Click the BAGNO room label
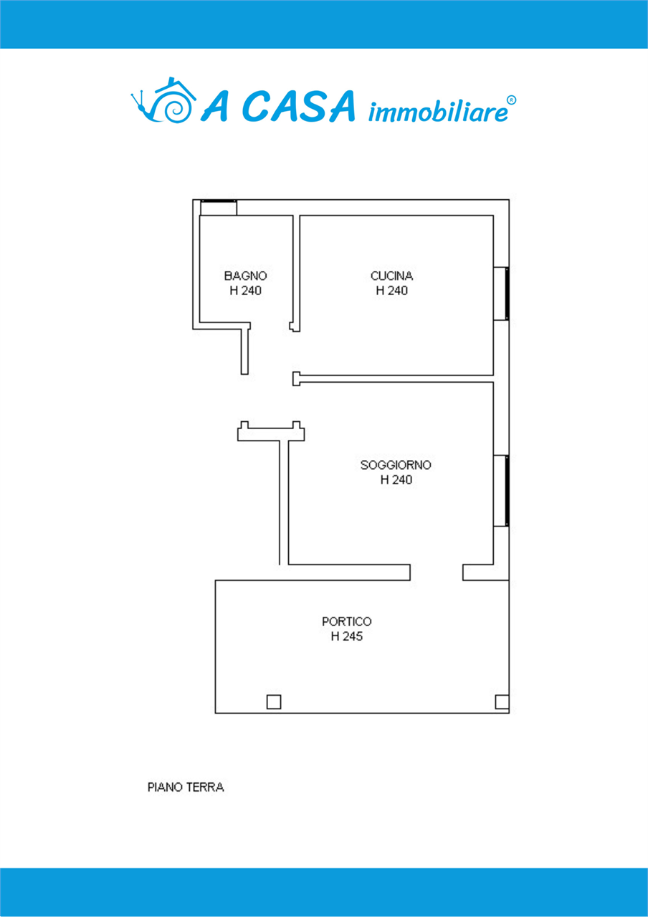(245, 276)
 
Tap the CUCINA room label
(391, 276)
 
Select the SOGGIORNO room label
(396, 465)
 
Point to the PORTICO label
(346, 622)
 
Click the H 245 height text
(346, 637)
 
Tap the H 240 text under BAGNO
(245, 291)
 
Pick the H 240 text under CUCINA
(391, 291)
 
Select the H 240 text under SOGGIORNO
(396, 480)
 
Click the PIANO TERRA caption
(186, 787)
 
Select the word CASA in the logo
(298, 107)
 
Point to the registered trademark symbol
(512, 100)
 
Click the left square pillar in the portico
(274, 701)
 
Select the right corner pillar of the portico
(502, 701)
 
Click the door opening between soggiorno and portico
(437, 572)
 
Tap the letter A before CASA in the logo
(214, 107)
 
